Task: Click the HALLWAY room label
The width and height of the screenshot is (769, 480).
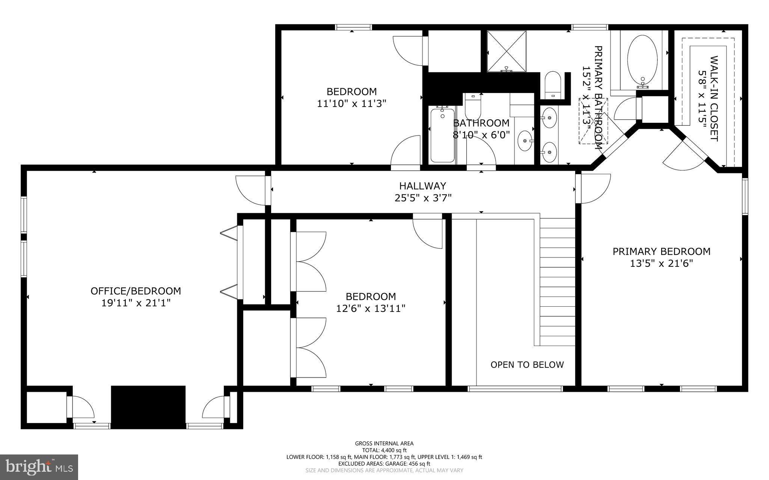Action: tap(422, 186)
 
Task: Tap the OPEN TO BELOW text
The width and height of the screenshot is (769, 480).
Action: tap(527, 365)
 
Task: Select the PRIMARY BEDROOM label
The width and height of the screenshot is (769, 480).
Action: tap(661, 251)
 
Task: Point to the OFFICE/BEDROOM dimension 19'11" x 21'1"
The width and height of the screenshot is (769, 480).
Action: tap(136, 303)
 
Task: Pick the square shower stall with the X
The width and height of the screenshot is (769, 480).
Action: tap(507, 51)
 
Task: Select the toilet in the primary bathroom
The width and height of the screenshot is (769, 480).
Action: tap(552, 85)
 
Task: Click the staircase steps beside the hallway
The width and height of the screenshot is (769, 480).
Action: tap(557, 281)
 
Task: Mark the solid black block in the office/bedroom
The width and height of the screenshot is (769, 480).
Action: tap(148, 407)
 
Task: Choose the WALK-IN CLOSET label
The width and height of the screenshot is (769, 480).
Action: tap(714, 98)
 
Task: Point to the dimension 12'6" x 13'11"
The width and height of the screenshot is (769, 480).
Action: tap(371, 308)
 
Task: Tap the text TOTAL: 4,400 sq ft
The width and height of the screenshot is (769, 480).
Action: tap(384, 450)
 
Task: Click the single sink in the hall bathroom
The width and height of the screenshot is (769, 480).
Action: tap(524, 141)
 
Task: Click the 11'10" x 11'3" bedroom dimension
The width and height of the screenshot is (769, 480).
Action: tap(351, 104)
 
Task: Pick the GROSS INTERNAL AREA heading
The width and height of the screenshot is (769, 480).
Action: tap(384, 443)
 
